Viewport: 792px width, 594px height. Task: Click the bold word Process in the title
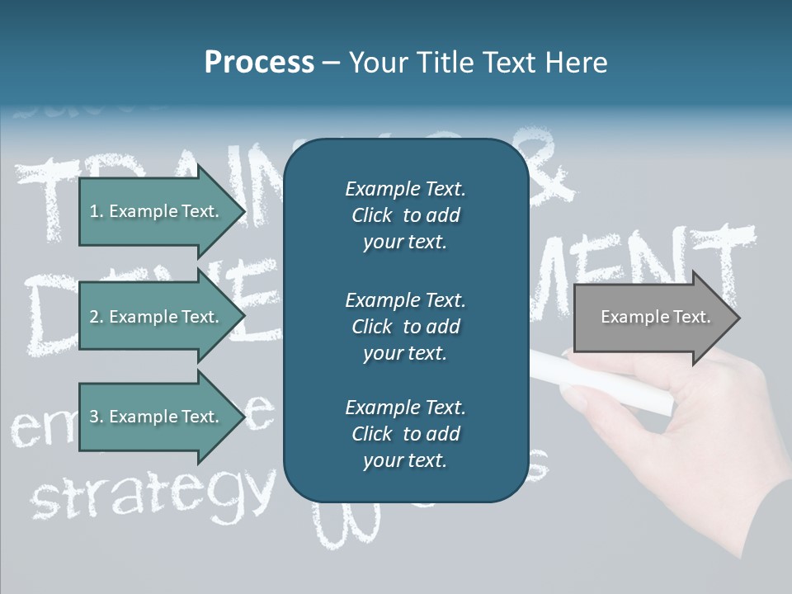(x=259, y=63)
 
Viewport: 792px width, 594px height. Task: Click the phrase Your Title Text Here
(x=478, y=63)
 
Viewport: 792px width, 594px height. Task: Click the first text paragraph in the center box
(x=405, y=215)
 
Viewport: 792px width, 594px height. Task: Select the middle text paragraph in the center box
(x=405, y=326)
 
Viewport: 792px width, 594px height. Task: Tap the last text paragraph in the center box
(x=405, y=434)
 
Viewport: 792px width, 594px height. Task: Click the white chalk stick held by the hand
(x=610, y=384)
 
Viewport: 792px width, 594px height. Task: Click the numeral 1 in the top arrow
(x=94, y=211)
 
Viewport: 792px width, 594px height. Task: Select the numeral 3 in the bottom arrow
(x=94, y=417)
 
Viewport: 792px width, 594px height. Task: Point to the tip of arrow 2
(x=243, y=317)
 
